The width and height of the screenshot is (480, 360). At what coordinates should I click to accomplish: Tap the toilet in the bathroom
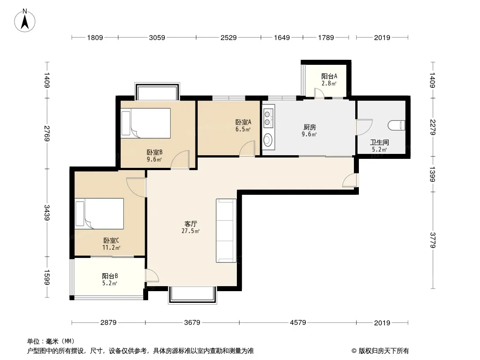[x=397, y=126]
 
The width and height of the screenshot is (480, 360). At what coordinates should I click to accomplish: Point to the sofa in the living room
[x=226, y=230]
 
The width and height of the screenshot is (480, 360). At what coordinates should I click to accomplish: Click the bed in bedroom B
[x=146, y=123]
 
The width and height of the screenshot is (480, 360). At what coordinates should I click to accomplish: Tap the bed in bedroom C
[x=100, y=213]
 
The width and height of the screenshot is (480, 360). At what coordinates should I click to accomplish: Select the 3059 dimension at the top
[x=157, y=38]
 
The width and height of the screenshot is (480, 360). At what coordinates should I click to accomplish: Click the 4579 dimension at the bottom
[x=298, y=322]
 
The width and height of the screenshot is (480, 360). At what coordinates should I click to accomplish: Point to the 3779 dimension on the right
[x=433, y=240]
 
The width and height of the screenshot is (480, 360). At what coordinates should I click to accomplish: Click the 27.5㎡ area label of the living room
[x=190, y=231]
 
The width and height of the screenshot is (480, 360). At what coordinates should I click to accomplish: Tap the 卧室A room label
[x=243, y=122]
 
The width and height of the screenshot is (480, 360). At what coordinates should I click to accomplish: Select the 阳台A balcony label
[x=329, y=76]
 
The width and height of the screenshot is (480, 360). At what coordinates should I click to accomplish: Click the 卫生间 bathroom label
[x=379, y=142]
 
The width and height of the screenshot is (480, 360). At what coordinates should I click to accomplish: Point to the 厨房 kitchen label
[x=309, y=127]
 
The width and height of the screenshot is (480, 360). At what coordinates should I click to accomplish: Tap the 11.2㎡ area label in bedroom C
[x=111, y=248]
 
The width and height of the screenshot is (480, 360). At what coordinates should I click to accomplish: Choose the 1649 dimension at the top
[x=281, y=38]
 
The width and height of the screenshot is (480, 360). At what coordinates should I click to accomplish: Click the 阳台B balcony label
[x=110, y=276]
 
